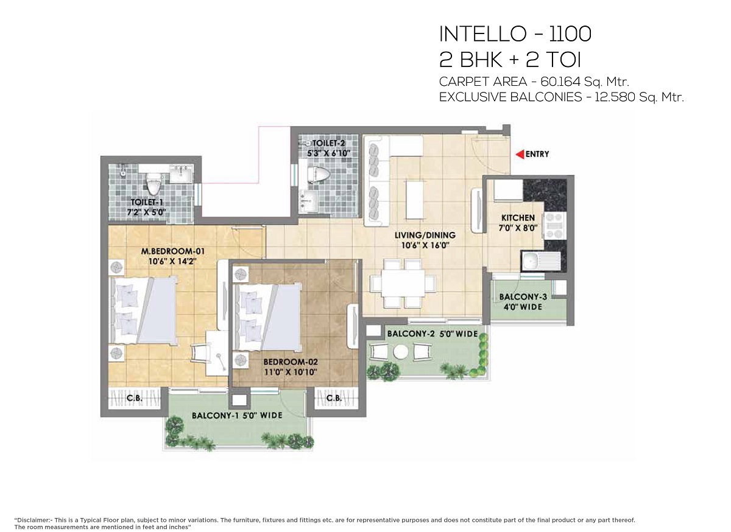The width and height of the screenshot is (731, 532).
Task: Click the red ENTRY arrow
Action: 520,154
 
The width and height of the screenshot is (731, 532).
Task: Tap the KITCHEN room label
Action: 518,218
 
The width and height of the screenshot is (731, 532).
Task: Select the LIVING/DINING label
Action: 425,235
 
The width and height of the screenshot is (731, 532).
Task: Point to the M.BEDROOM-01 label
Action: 173,251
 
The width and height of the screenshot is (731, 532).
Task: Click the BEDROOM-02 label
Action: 291,362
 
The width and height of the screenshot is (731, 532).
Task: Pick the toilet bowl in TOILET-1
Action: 154,184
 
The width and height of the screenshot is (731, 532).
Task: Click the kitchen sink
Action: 541,262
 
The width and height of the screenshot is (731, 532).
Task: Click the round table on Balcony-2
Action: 400,352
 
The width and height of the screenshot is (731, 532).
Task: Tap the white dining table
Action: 403,284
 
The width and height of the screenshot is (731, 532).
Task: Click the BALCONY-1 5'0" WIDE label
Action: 237,416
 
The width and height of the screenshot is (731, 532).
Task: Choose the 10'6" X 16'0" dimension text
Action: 426,245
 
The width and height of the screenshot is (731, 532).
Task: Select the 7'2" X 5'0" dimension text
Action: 147,212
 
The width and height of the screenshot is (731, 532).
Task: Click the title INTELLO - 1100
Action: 515,34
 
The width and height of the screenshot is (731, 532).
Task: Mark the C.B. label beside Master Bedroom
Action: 135,398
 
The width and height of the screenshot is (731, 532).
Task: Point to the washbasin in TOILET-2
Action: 308,201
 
